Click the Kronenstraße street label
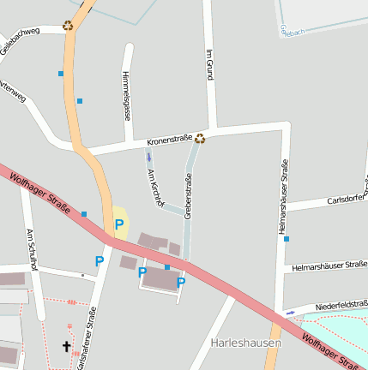(169, 138)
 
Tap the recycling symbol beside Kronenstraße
(200, 138)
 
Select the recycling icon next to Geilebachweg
(68, 25)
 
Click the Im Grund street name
(208, 65)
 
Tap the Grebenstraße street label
(188, 195)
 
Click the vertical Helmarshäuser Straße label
(282, 194)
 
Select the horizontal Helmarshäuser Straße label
(329, 266)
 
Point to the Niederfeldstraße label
(341, 305)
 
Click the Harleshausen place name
(246, 343)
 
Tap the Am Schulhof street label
(31, 249)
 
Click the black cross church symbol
(66, 347)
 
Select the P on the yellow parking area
(119, 224)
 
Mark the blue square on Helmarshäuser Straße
(287, 239)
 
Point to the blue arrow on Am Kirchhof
(149, 157)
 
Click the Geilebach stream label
(292, 32)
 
